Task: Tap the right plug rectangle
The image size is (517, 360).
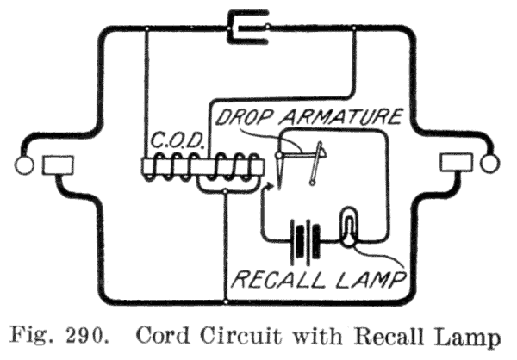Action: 453,164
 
